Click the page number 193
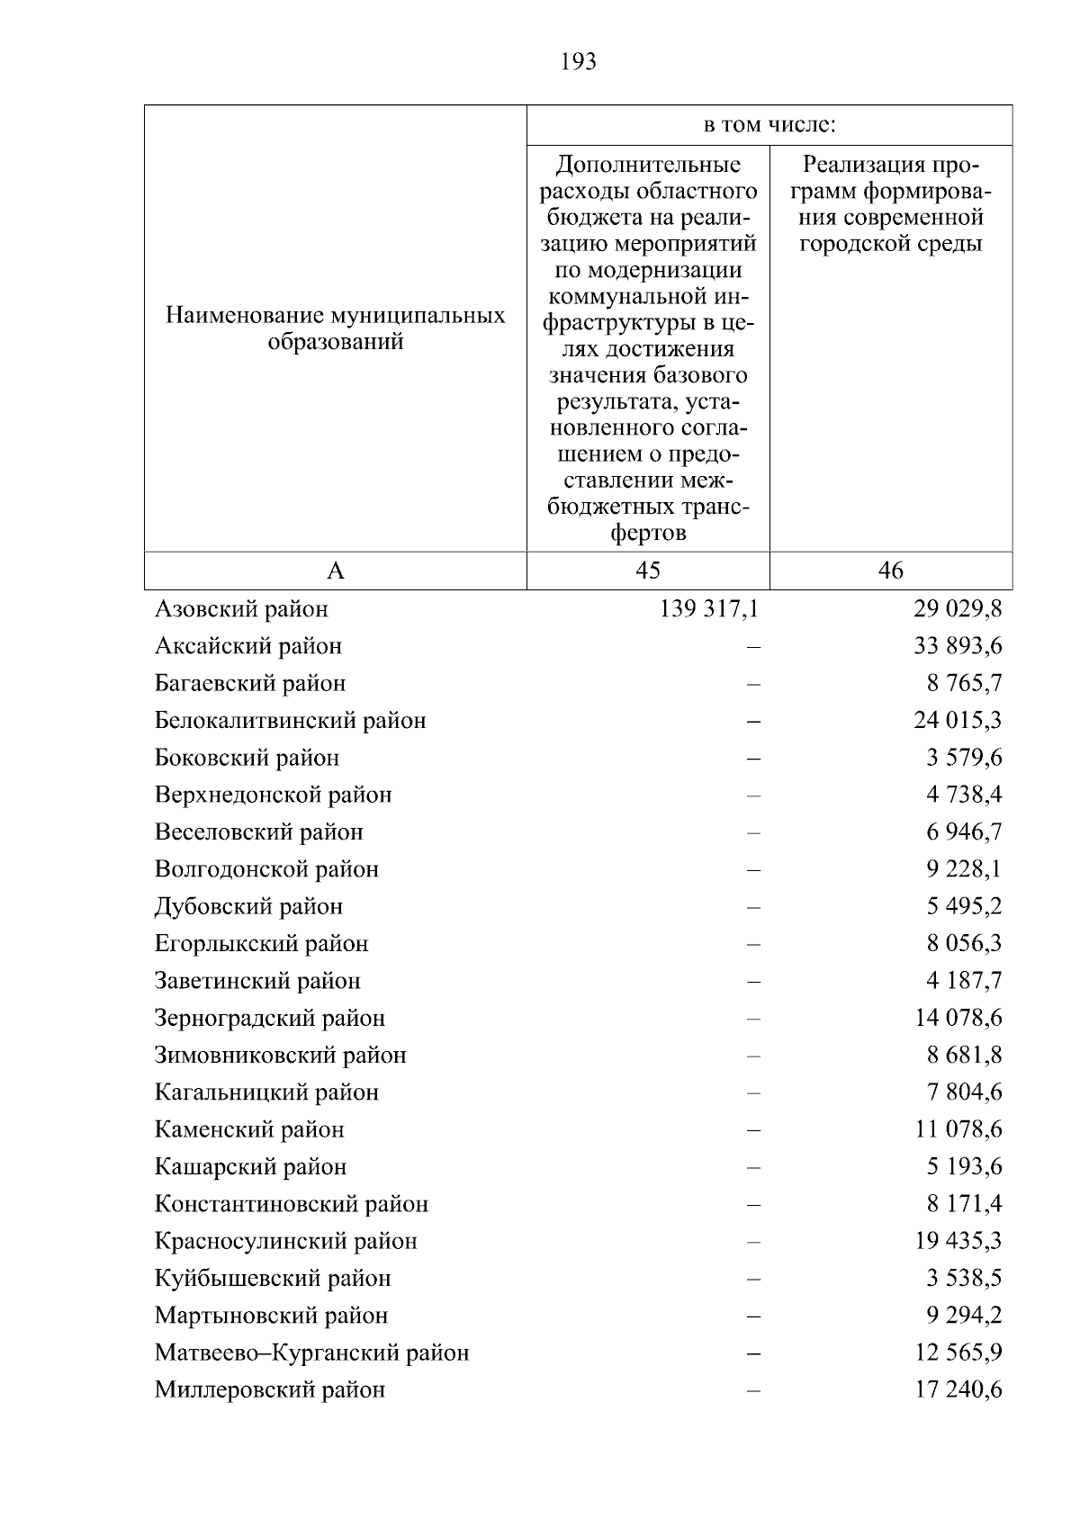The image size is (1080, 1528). [578, 62]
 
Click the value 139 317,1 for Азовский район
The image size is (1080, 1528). [709, 609]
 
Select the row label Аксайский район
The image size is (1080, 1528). [248, 646]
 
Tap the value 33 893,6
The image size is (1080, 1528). [958, 646]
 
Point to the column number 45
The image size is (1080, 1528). [648, 571]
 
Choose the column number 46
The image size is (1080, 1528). [891, 571]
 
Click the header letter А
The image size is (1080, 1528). [336, 571]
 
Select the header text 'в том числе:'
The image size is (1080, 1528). [769, 125]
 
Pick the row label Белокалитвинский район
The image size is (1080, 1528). [291, 721]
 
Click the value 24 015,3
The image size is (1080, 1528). [958, 721]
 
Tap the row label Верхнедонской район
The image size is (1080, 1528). [274, 795]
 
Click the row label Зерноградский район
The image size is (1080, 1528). [270, 1019]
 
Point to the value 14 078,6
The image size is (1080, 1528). [958, 1019]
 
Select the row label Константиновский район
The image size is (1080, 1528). [292, 1204]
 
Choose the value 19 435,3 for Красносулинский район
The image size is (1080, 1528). [958, 1242]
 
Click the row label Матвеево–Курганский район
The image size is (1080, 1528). [312, 1353]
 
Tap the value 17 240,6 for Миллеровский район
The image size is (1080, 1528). [958, 1390]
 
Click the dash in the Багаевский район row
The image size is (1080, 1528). [753, 684]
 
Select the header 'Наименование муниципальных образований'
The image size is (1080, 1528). [336, 328]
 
